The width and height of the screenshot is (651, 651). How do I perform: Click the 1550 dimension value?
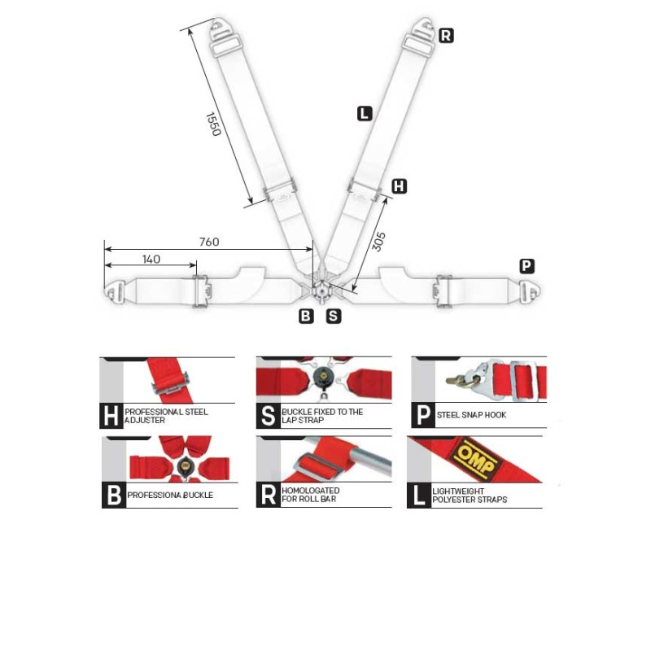coord(213,124)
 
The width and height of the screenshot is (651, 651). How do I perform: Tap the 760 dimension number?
coord(209,242)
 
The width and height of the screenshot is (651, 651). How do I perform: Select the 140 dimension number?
coord(151,260)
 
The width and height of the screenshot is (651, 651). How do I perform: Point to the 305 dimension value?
coord(379,241)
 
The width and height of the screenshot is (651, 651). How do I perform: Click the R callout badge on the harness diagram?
coord(446,35)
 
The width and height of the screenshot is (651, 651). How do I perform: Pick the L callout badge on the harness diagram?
coord(364,114)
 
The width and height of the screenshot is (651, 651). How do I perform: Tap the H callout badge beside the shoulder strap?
coord(399,186)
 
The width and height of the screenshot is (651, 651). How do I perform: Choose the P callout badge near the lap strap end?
coord(527,265)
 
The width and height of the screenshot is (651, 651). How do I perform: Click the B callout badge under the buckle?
coord(306,316)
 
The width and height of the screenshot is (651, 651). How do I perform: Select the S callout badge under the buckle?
coord(334,316)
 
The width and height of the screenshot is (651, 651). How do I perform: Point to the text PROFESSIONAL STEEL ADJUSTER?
coord(166,416)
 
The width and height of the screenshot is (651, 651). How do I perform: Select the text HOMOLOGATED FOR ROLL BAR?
coord(311,496)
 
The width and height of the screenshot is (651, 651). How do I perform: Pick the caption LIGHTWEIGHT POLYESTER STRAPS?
coord(471,496)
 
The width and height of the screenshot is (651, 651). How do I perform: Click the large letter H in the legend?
coord(111,416)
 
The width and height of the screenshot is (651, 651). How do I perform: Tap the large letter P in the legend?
coord(422,415)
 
